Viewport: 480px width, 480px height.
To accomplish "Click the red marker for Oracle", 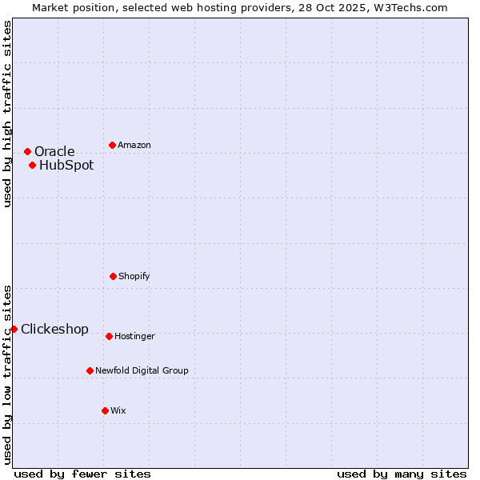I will coord(27,151).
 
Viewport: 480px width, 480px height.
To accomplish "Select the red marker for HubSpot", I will coord(32,166).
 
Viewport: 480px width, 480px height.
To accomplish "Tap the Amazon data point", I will coord(112,145).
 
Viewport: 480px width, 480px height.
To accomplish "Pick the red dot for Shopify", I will coord(113,276).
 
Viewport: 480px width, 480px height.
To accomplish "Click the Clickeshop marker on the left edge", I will coord(14,329).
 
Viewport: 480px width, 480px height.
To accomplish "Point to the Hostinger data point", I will coord(109,336).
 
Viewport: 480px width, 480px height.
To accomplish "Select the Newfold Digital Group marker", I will coord(90,370).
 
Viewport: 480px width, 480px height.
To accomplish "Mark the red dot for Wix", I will coord(105,410).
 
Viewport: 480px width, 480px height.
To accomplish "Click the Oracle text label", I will coord(54,152).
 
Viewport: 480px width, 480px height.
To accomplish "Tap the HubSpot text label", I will coord(66,166).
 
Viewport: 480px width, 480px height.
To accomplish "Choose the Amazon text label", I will coord(134,146).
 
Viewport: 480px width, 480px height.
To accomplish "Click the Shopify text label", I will coord(134,277).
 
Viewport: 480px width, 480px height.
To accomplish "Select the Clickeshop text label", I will coord(54,330).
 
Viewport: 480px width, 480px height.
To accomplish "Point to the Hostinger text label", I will coord(134,337).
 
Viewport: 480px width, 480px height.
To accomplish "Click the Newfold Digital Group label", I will coord(142,371).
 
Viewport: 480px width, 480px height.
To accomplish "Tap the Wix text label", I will coord(118,411).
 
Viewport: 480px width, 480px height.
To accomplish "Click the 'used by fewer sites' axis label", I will coord(82,474).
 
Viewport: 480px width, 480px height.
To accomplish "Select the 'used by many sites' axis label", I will coord(402,474).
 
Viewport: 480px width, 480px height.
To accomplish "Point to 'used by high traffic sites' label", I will coord(7,114).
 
